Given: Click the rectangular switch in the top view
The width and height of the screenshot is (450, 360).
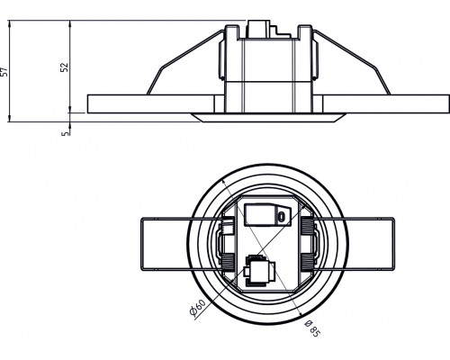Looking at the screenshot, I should [x=259, y=215].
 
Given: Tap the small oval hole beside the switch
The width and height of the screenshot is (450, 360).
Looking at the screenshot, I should [x=281, y=216].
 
